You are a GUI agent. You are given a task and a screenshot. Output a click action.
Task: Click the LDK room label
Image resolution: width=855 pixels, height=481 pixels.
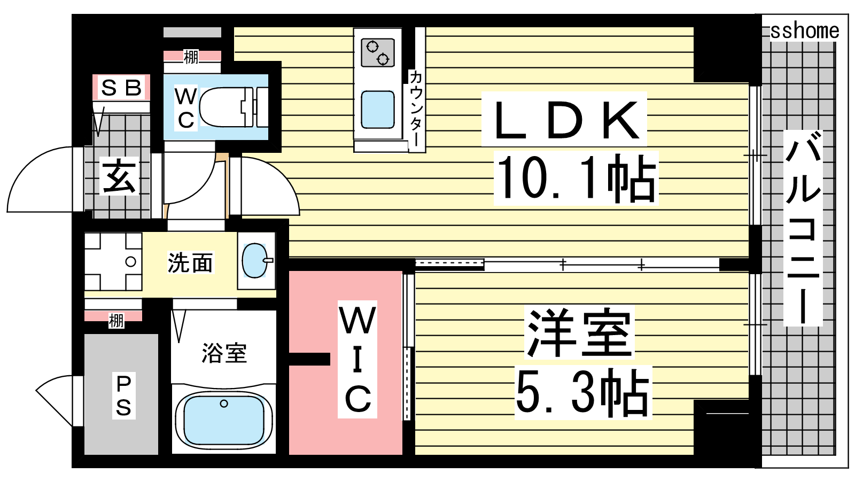565,120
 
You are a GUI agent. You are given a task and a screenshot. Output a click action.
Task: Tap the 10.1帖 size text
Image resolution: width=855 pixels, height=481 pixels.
576,178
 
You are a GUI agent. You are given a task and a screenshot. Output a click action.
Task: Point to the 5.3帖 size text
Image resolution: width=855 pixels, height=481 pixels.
582,393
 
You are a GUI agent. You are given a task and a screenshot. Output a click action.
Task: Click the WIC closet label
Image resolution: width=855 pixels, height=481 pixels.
357,359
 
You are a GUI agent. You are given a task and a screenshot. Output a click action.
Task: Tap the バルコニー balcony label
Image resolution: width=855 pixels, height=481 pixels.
803,229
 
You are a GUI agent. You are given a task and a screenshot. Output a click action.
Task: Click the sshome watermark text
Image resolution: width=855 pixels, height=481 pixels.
804,31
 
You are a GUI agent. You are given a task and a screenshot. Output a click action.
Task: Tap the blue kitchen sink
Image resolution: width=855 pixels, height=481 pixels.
378,110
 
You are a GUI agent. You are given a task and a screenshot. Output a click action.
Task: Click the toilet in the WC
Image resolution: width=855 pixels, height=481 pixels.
233,107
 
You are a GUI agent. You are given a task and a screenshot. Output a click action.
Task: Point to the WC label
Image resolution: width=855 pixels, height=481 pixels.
185,108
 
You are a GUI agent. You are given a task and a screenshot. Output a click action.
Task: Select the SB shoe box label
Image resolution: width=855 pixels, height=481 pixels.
121,88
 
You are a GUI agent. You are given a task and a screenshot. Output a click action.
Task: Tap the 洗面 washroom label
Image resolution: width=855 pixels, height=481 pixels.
190,262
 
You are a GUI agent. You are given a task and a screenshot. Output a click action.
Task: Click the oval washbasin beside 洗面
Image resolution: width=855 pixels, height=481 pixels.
255,261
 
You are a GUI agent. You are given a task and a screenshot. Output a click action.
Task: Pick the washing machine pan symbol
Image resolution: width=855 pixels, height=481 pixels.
113,262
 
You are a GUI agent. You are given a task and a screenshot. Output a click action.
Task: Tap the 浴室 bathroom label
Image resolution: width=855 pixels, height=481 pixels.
224,353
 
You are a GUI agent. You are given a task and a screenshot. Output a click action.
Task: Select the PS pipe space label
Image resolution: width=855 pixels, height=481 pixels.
123,395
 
